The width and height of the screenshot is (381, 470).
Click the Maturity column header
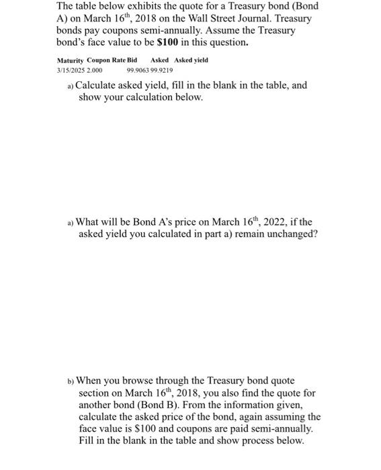(71, 60)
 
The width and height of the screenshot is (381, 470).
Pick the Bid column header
(132, 60)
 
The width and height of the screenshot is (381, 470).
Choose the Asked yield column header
(192, 60)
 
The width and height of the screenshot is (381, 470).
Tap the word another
(99, 405)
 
